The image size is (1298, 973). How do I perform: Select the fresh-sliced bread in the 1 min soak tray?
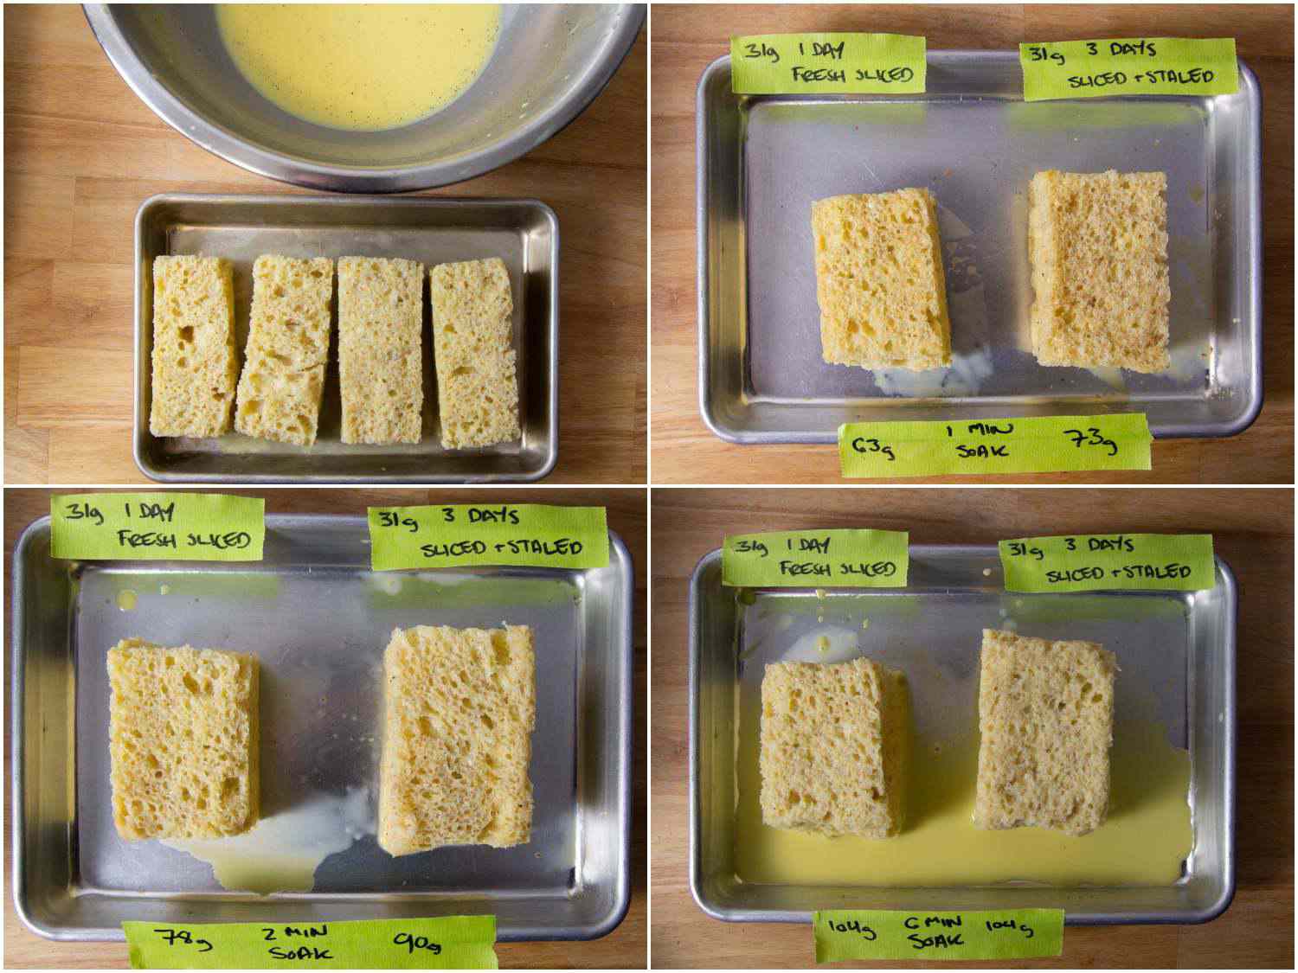pos(878,277)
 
